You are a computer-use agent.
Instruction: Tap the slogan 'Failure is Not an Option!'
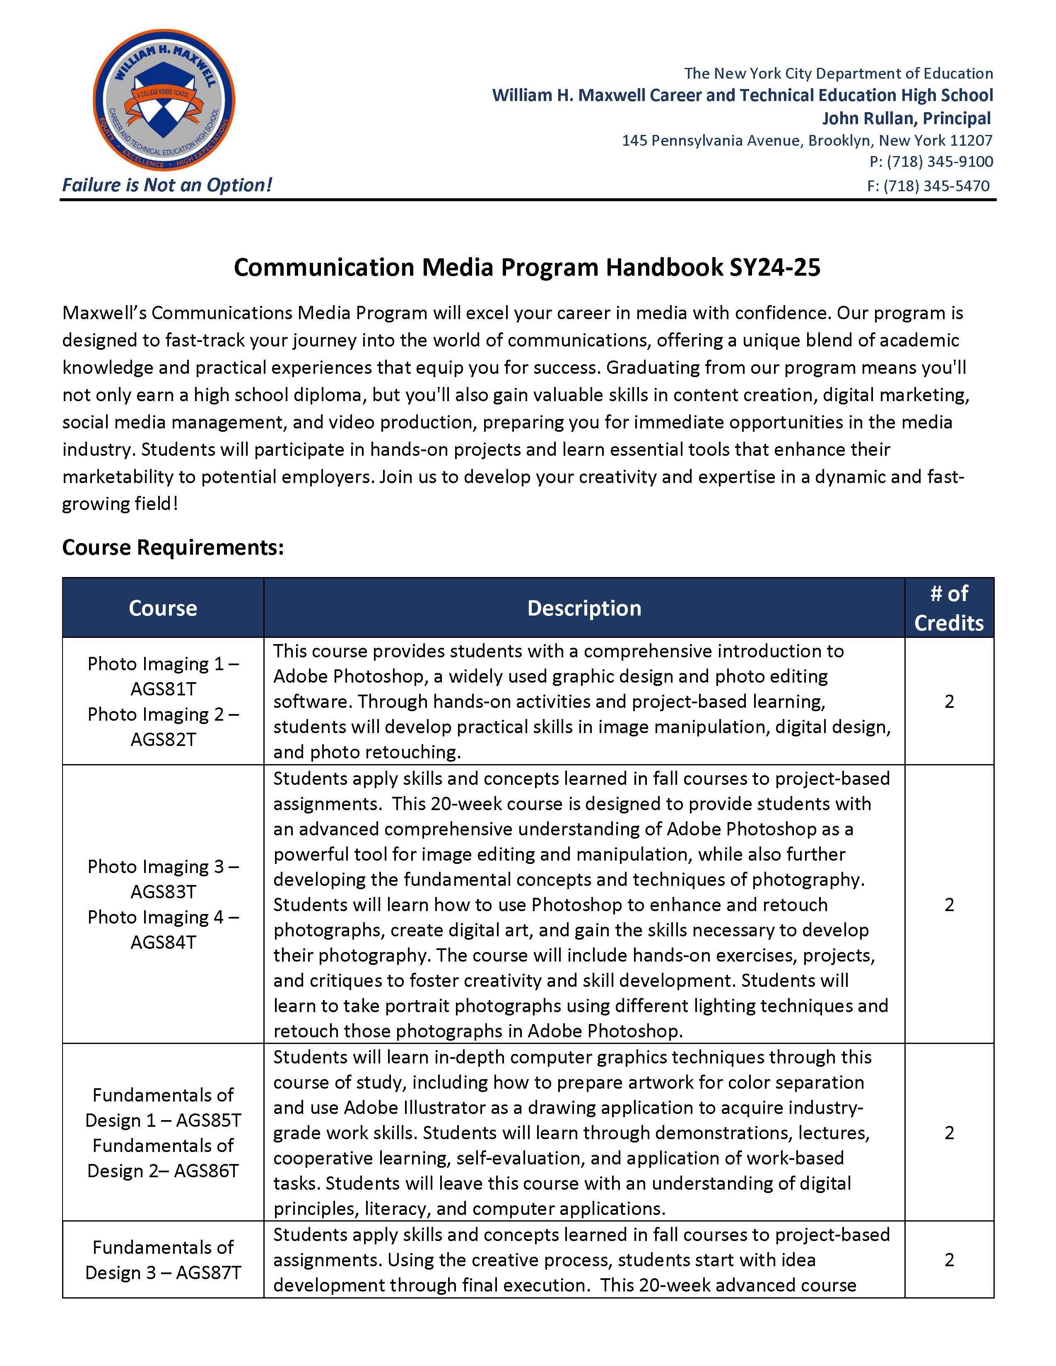click(167, 185)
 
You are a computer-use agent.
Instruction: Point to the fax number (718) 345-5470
click(936, 186)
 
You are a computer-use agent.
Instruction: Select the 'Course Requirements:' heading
click(173, 547)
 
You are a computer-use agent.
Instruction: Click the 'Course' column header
click(163, 608)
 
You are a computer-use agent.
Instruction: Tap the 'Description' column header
click(583, 608)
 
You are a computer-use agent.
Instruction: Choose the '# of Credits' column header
click(948, 608)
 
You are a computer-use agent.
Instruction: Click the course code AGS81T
click(163, 689)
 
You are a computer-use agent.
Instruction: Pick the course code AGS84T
click(163, 942)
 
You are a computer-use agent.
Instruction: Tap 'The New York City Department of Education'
click(838, 73)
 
